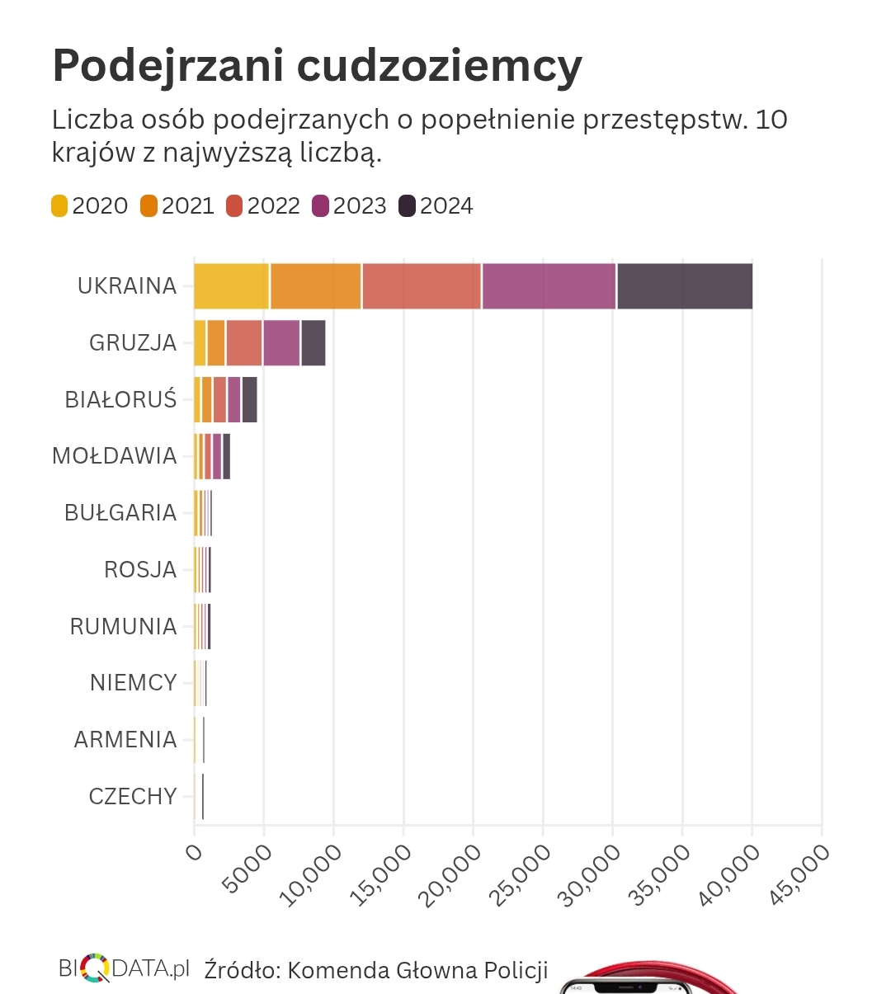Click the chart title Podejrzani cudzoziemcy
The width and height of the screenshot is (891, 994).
pos(317,66)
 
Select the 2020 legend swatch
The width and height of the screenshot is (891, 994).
pos(59,206)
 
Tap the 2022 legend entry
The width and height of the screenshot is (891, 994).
pos(263,206)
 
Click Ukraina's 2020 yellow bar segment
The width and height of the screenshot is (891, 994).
pos(232,285)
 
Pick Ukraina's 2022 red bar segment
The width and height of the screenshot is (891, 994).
pos(422,285)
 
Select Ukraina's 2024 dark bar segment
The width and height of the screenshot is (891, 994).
pos(685,285)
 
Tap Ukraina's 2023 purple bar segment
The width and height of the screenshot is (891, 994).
pos(549,285)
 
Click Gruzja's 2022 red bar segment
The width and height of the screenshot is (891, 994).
pos(244,342)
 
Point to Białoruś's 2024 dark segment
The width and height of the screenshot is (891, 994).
pos(249,399)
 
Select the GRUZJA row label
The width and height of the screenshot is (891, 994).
pos(133,342)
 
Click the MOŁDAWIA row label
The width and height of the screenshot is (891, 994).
pos(115,456)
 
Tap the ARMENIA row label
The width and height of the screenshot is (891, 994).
pos(125,740)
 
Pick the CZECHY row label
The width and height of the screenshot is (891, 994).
pos(133,797)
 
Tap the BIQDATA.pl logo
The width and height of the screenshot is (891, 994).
pos(124,968)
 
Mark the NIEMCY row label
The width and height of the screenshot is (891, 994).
pos(134,683)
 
